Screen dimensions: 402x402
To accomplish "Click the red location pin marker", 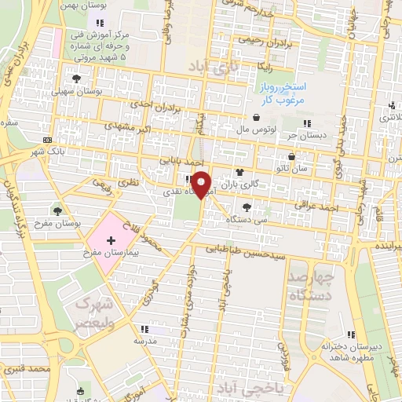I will (202, 184).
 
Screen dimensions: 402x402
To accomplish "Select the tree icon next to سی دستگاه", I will (247, 207).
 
